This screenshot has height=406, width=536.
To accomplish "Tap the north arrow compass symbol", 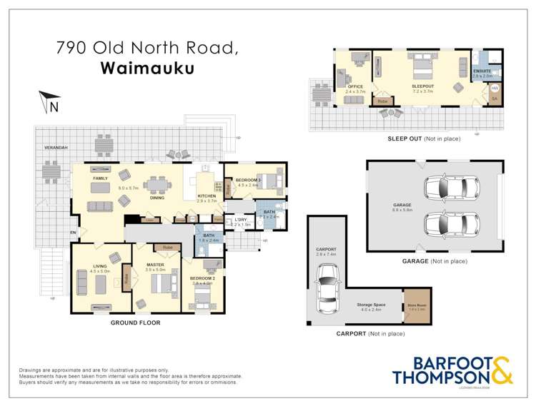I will click(x=49, y=102).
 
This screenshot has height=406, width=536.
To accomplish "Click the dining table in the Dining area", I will click(x=157, y=185).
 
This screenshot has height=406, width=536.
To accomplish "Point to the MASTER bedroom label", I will click(x=155, y=264).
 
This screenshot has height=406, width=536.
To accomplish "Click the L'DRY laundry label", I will click(x=239, y=220).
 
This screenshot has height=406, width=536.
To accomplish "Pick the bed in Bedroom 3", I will click(x=268, y=181).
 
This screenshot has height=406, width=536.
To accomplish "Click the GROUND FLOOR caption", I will click(x=135, y=323).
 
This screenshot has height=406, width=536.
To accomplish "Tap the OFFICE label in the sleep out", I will click(x=355, y=86).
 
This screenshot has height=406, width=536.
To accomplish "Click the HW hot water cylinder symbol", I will click(x=494, y=88).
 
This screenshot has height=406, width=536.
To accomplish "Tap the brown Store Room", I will click(x=416, y=306).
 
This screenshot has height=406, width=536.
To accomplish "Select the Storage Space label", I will click(x=371, y=305).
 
